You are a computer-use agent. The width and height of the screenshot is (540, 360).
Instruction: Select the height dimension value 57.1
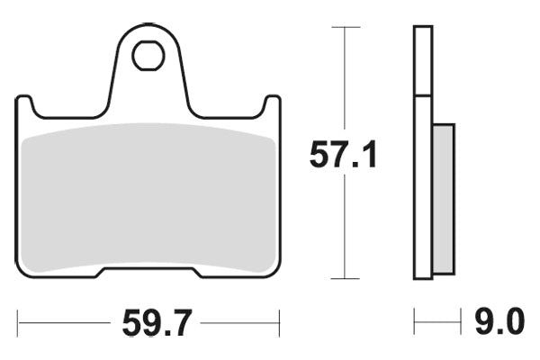(343, 155)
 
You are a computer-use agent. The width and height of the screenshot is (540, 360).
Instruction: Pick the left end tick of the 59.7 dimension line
(19, 321)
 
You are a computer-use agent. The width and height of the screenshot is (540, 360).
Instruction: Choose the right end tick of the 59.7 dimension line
(279, 321)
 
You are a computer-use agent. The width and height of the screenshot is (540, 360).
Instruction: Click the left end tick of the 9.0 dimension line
(415, 321)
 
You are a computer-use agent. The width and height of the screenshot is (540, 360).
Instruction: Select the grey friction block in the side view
(444, 198)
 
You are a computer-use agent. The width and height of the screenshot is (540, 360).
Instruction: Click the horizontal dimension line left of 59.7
(63, 321)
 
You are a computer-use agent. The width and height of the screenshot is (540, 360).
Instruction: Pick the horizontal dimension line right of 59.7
(238, 321)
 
